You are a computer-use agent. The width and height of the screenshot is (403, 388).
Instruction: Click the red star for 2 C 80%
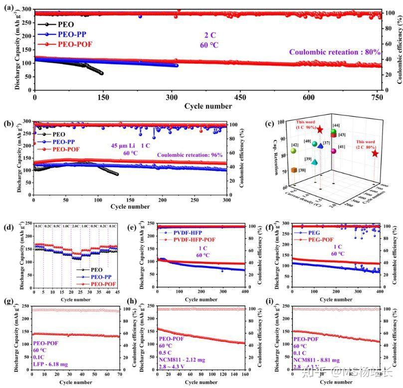pyautogui.click(x=375, y=153)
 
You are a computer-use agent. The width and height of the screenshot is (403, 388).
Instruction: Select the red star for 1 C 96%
pyautogui.click(x=320, y=130)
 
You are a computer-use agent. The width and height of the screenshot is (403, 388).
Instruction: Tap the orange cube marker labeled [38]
pyautogui.click(x=294, y=170)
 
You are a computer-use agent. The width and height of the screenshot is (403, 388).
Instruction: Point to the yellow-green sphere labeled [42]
pyautogui.click(x=294, y=150)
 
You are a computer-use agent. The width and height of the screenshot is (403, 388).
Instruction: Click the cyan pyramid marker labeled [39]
pyautogui.click(x=314, y=161)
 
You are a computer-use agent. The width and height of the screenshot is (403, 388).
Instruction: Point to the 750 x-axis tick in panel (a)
pyautogui.click(x=378, y=97)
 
